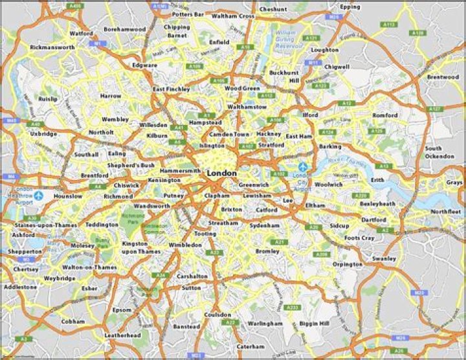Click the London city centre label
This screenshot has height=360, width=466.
coord(221,174)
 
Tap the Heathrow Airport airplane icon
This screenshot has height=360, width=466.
coord(39,195)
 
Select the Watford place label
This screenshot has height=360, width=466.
coord(81,33)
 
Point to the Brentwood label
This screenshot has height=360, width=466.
coord(442,76)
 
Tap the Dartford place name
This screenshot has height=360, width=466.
coord(374,219)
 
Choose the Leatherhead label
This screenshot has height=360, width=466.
coord(122,335)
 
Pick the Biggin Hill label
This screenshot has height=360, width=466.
coord(315,323)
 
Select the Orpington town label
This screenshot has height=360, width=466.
coord(348,264)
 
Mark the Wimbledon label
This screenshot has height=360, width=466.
coord(185,245)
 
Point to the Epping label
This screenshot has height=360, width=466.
coord(349,6)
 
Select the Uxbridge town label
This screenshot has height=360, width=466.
coord(43,134)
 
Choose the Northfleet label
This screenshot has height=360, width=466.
coord(446,212)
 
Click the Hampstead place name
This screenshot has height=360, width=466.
coord(205,122)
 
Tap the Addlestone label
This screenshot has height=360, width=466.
coord(20,286)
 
